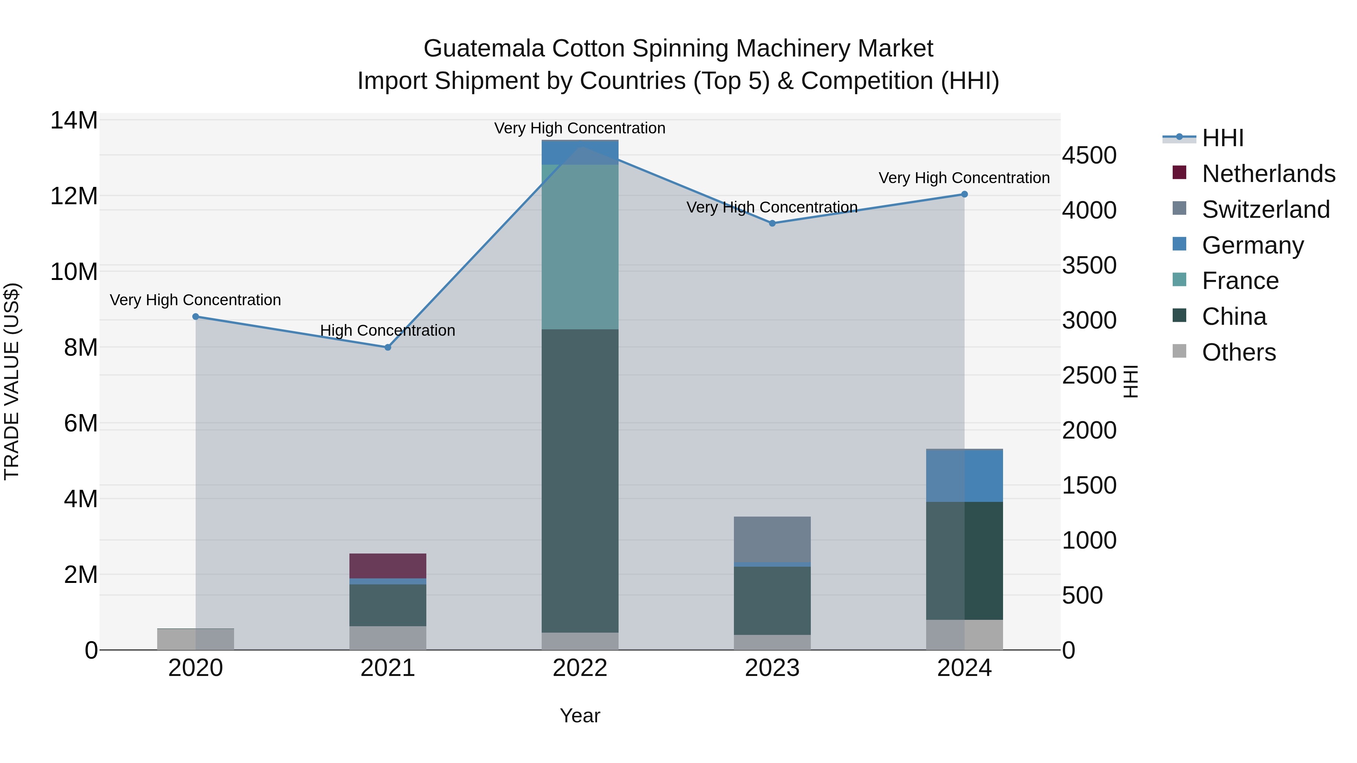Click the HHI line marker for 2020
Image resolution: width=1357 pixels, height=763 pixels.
tap(195, 317)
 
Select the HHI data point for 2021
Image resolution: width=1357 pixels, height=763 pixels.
tap(388, 347)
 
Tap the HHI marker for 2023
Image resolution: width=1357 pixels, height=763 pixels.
tap(772, 223)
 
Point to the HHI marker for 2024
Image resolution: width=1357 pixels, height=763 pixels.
tap(965, 194)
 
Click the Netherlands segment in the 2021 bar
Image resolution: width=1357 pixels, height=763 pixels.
tap(388, 566)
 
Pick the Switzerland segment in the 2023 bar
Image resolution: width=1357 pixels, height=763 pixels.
tap(772, 539)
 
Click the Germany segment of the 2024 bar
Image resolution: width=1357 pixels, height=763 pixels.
tap(965, 476)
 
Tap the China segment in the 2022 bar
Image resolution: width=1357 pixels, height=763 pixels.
tap(580, 480)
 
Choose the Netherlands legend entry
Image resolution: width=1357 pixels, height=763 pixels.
tap(1268, 174)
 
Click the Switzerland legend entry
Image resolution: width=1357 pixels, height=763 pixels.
tap(1265, 209)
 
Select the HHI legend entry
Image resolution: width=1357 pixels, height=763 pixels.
tap(1222, 138)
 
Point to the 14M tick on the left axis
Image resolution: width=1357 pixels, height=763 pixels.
tap(74, 121)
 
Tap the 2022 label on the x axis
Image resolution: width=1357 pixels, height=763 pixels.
tap(580, 668)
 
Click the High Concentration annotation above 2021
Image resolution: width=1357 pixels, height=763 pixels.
tap(388, 331)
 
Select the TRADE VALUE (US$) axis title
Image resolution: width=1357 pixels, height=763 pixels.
tap(12, 381)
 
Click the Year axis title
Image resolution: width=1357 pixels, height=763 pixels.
tap(580, 716)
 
